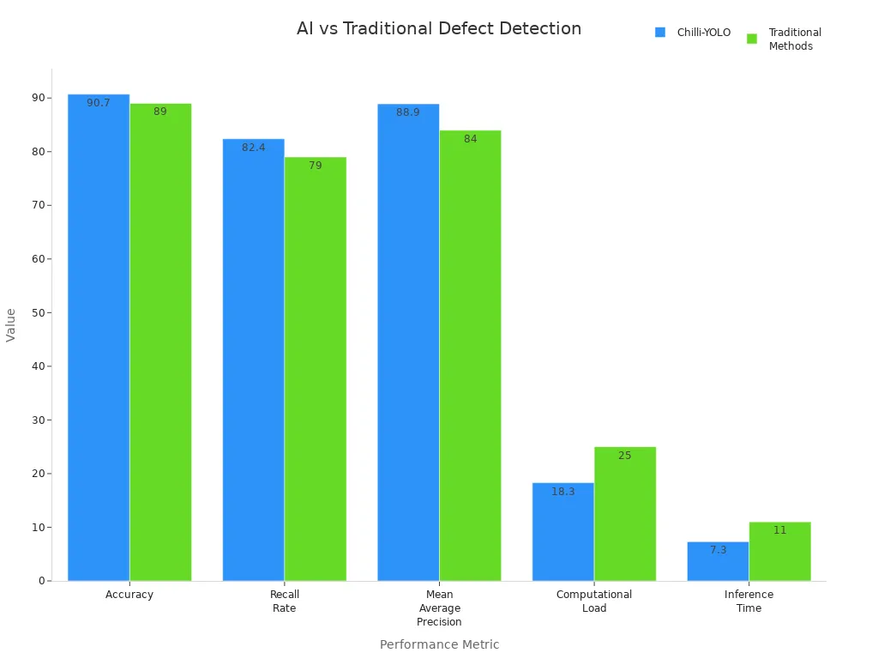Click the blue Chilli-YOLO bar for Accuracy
click(99, 343)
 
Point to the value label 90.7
click(99, 103)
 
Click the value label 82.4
click(254, 148)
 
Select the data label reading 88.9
click(408, 112)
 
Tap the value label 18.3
click(563, 492)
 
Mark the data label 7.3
click(719, 550)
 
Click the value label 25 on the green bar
click(624, 456)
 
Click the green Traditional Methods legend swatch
click(752, 39)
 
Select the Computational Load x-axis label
click(594, 602)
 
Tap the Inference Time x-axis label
click(749, 602)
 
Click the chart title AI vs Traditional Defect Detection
click(439, 28)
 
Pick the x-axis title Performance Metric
click(439, 644)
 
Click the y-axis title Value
click(11, 324)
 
